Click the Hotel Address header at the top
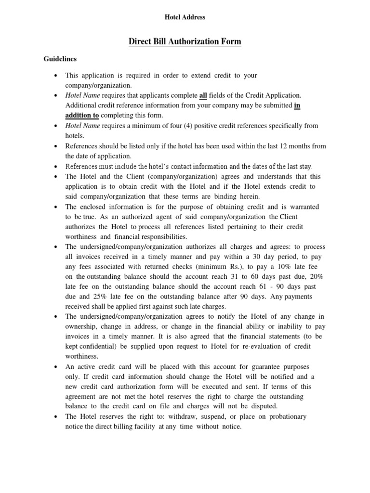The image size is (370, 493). tap(185, 17)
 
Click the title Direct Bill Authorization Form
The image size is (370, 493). tap(185, 42)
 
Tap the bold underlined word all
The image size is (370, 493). tap(203, 96)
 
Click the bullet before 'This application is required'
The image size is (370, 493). tap(57, 76)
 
